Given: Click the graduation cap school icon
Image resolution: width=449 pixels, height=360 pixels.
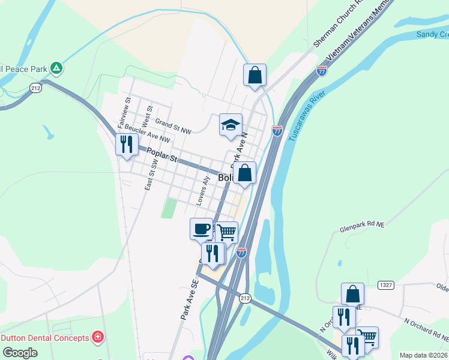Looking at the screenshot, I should click(231, 125).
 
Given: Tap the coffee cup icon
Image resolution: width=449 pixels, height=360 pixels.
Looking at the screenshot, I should click(202, 229).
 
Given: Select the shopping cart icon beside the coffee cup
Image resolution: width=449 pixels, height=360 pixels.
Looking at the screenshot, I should click(226, 232).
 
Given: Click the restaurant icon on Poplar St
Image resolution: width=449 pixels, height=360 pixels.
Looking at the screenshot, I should click(126, 144).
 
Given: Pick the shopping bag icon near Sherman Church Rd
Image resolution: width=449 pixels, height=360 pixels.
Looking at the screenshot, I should click(255, 76).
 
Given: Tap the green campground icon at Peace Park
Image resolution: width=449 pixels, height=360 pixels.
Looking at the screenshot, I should click(56, 68).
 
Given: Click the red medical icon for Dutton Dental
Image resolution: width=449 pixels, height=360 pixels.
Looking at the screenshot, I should click(97, 338).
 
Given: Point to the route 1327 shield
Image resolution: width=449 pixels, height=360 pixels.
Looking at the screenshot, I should click(386, 284).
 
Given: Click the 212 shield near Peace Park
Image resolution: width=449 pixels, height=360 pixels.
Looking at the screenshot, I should click(35, 88).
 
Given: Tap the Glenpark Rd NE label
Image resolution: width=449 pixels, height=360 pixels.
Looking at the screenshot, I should click(361, 226).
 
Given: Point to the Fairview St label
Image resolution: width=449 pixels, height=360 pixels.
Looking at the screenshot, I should click(124, 113).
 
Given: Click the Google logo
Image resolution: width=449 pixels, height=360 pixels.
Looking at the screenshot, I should click(20, 353).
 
